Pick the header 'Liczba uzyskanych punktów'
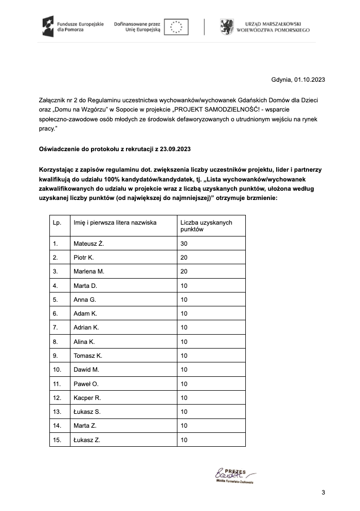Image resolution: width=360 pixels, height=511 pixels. (x=206, y=226)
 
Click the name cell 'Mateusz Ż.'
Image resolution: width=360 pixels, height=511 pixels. (x=89, y=244)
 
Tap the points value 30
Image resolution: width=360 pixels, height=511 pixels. (x=184, y=244)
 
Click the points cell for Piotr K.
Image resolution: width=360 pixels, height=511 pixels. (x=184, y=258)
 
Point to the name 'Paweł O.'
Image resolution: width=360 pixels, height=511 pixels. (x=86, y=384)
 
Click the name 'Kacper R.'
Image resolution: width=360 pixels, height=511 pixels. (x=87, y=397)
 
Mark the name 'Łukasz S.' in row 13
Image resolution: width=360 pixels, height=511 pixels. (x=87, y=412)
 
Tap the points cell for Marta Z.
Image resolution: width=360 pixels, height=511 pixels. (x=184, y=426)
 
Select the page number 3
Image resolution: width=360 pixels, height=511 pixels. (x=323, y=493)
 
